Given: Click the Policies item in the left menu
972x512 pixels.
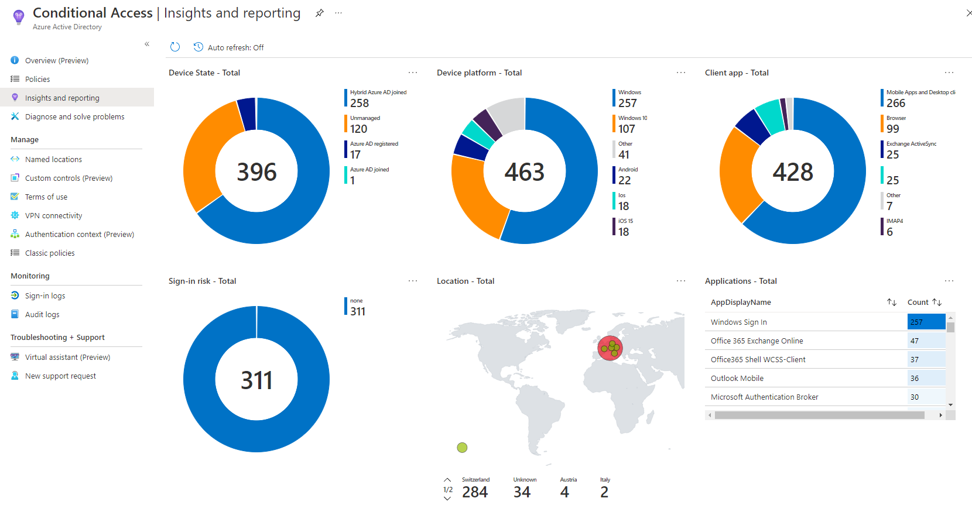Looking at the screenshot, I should click(37, 79).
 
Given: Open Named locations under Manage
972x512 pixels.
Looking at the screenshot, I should click(53, 159).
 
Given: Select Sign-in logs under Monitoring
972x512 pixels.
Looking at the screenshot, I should click(45, 295).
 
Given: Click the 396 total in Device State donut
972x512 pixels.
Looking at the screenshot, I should click(256, 171).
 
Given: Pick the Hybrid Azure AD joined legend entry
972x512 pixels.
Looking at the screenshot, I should click(377, 98).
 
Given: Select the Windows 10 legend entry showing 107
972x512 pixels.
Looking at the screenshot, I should click(632, 124).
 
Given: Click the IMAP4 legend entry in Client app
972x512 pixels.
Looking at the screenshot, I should click(894, 227).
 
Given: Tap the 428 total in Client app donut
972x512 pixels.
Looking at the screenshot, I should click(793, 171).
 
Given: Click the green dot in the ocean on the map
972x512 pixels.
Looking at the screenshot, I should click(462, 448).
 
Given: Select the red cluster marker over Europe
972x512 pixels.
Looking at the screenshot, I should click(610, 348).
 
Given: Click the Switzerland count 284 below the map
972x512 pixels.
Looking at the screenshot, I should click(475, 492).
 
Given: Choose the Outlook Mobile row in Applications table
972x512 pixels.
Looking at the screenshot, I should click(737, 378).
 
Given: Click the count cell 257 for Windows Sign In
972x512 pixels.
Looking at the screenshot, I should click(925, 322).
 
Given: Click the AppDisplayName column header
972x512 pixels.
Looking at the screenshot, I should click(741, 302).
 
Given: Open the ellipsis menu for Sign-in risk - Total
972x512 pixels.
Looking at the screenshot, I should click(413, 281).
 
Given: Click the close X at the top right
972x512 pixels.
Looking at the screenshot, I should click(968, 13).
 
